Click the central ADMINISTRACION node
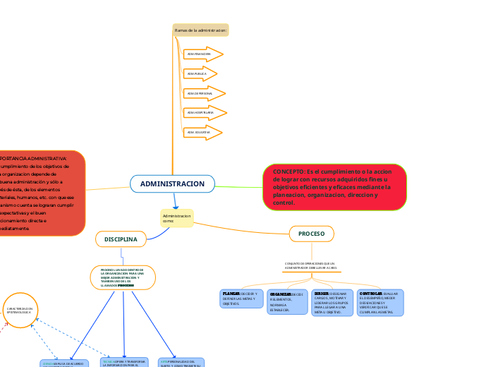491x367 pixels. click(x=172, y=184)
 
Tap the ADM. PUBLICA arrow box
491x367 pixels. click(x=200, y=73)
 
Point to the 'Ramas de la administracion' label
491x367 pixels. click(x=200, y=30)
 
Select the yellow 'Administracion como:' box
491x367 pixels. click(x=176, y=217)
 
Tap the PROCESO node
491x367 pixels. click(x=311, y=234)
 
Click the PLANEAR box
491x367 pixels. click(x=241, y=299)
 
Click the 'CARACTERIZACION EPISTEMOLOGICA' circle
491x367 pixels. click(x=19, y=311)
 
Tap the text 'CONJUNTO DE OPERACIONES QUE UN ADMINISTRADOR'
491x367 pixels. click(x=311, y=265)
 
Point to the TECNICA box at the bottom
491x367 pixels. click(x=124, y=362)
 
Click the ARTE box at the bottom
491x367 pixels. click(x=181, y=362)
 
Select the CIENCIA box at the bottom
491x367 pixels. click(x=63, y=363)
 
